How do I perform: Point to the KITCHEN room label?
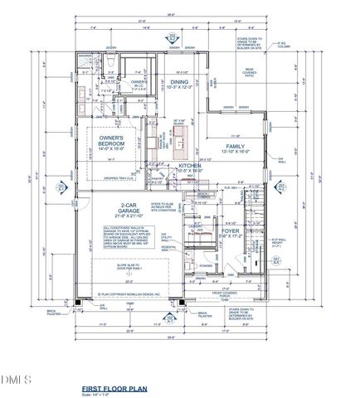190,170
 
